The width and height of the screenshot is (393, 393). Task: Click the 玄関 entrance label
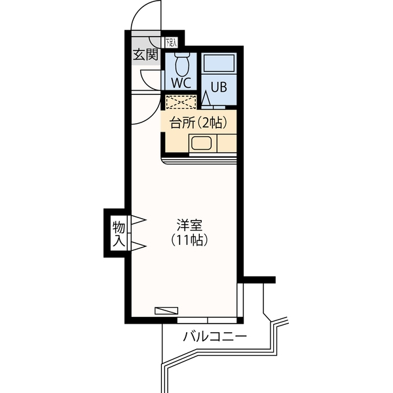(x=146, y=54)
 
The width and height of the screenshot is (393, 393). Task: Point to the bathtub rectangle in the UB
(x=218, y=64)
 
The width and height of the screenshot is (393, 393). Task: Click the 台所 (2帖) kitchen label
(x=197, y=122)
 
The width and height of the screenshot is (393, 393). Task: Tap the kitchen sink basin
(x=199, y=143)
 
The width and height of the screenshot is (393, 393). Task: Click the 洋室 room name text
(x=190, y=225)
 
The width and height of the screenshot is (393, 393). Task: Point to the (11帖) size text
(x=189, y=241)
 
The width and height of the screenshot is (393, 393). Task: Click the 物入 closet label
(x=118, y=234)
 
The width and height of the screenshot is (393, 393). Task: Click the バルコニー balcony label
(x=214, y=338)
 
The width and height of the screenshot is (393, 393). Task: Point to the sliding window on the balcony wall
(x=210, y=320)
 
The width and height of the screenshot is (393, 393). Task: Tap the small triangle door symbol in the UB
(x=206, y=99)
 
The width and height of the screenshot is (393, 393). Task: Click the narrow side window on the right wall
(x=242, y=299)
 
